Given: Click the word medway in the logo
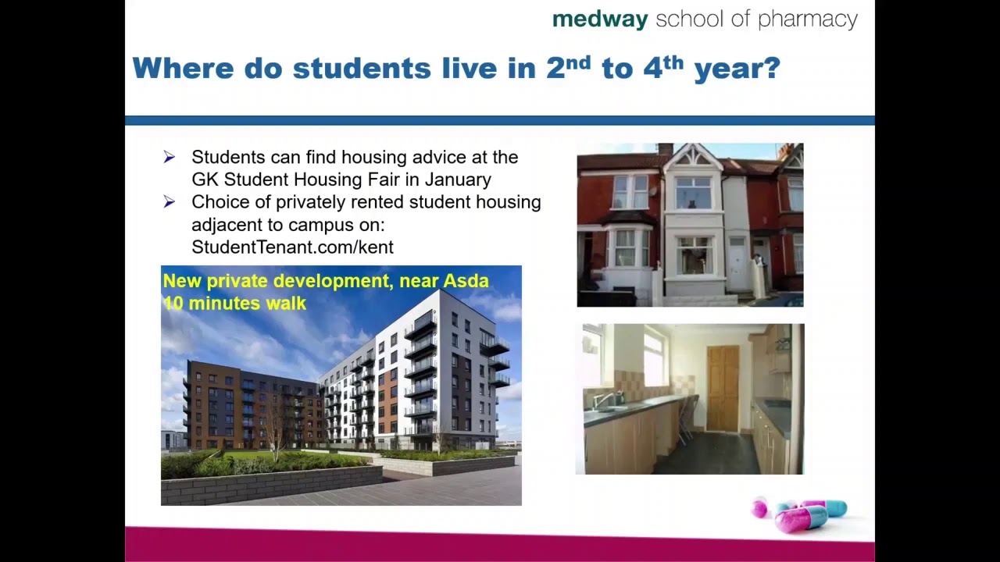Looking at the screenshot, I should pos(599,20).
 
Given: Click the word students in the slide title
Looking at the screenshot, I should pos(362,68).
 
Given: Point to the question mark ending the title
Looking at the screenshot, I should pos(773,68).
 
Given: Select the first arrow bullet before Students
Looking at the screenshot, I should pos(170,158).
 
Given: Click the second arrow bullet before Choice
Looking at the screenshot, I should pos(170,202).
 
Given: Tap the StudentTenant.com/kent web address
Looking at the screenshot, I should pos(292,247).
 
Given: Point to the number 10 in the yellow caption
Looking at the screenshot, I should pos(173,303).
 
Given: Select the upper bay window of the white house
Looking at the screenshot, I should pos(693,192).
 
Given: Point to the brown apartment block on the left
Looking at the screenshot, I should pos(234,406).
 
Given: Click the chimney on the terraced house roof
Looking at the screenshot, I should pos(665,148).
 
